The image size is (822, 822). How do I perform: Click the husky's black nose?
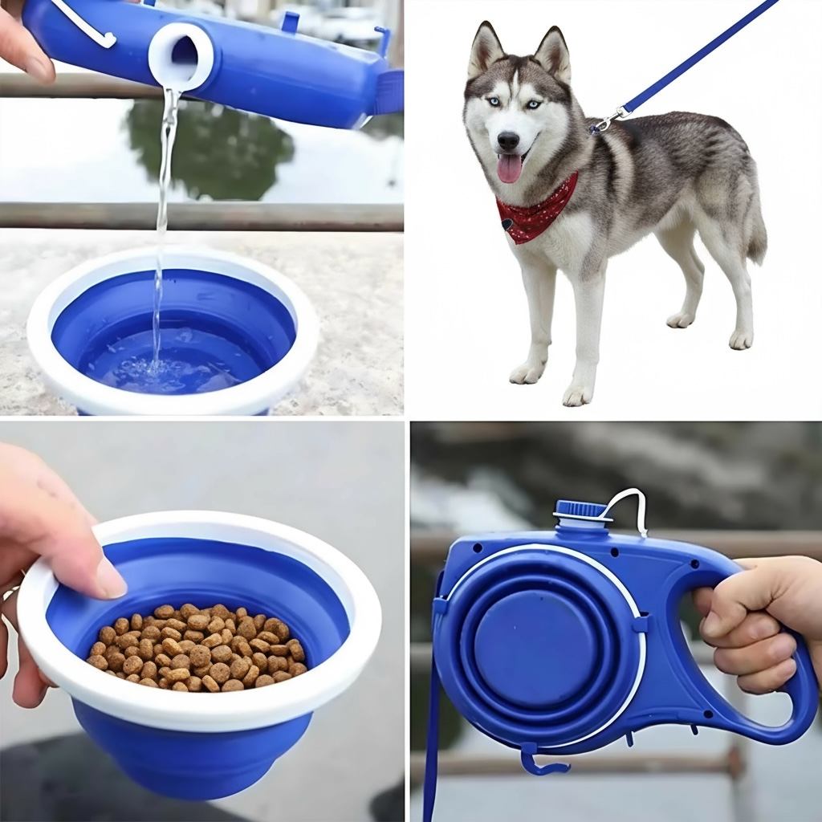508,141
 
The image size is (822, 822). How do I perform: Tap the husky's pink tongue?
509,168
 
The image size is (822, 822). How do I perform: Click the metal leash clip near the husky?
604,121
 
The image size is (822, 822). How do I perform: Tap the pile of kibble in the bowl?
197,647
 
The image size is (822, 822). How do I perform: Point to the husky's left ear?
553,53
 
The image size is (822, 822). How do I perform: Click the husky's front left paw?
577,394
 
